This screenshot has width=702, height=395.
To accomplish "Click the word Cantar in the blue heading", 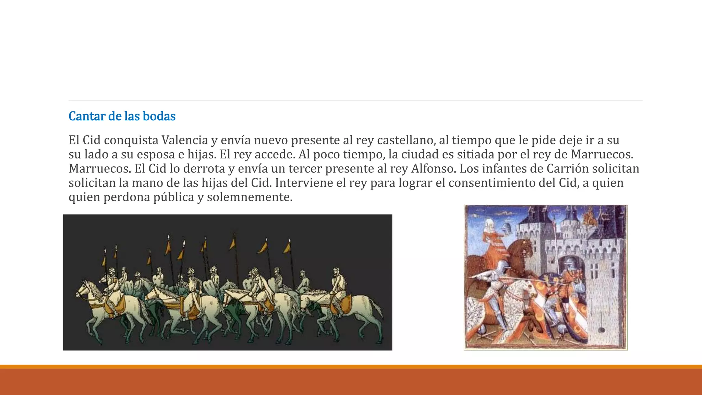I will pos(87,116).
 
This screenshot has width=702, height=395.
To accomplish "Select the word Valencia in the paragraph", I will pos(185,140).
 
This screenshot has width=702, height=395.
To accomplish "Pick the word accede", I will pos(276,154).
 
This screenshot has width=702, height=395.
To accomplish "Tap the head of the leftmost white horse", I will pos(83,289).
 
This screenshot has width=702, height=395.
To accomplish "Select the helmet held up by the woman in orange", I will pos(506,227).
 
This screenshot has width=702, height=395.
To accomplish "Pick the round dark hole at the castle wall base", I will pos(601,330).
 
